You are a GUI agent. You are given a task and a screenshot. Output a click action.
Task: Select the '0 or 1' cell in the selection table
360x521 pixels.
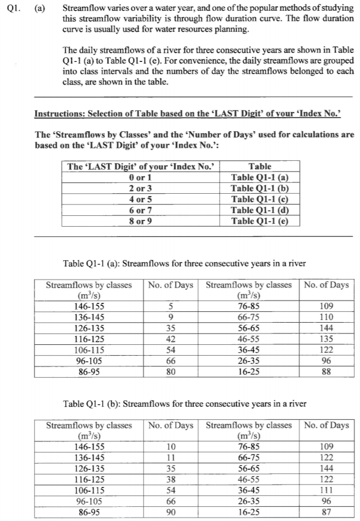tap(140, 177)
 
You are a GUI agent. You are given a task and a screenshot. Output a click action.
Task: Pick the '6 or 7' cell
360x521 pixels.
tap(140, 210)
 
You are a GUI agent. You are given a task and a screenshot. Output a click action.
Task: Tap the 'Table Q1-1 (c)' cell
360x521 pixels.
tap(260, 199)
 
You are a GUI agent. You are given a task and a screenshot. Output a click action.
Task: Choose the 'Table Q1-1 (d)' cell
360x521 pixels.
tap(260, 210)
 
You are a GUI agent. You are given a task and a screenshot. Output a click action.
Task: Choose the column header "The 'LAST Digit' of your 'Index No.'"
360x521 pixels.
tap(140, 166)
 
